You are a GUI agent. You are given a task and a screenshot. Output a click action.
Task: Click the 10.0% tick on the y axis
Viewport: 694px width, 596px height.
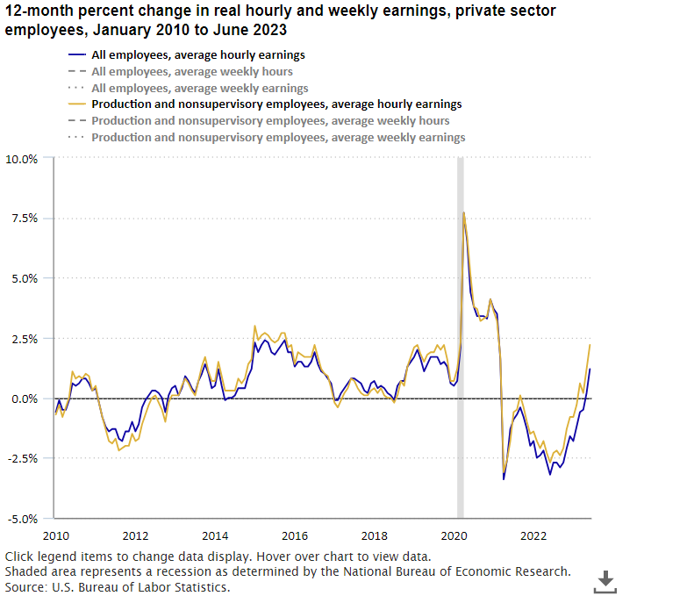point(22,159)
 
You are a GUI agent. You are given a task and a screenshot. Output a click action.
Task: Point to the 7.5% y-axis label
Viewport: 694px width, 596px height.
point(25,219)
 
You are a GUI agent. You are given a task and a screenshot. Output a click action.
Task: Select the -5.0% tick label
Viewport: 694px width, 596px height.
point(23,518)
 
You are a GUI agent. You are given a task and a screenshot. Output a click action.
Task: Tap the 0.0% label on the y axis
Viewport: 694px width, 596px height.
point(25,399)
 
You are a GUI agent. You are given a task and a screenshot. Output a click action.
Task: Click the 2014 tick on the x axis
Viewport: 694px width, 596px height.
point(214,535)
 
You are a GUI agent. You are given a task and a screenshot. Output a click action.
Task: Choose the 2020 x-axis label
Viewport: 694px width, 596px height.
point(454,535)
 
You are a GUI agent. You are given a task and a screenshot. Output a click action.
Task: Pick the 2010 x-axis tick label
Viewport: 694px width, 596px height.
point(54,535)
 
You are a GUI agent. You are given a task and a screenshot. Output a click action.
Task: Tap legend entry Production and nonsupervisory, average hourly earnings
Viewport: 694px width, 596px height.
point(276,104)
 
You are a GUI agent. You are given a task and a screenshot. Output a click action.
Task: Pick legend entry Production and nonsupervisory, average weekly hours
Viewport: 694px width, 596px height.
point(270,121)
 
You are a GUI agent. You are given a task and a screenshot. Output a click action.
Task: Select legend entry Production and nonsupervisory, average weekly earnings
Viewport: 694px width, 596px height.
point(278,138)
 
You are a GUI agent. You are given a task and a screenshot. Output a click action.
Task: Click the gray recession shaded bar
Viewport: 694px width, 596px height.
point(460,351)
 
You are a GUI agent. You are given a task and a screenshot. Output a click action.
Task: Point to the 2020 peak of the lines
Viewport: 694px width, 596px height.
point(463,212)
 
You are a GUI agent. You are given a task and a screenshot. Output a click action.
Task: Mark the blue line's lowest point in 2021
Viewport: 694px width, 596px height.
point(504,478)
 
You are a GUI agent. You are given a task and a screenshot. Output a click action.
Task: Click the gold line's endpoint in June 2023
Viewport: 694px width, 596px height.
point(590,345)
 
